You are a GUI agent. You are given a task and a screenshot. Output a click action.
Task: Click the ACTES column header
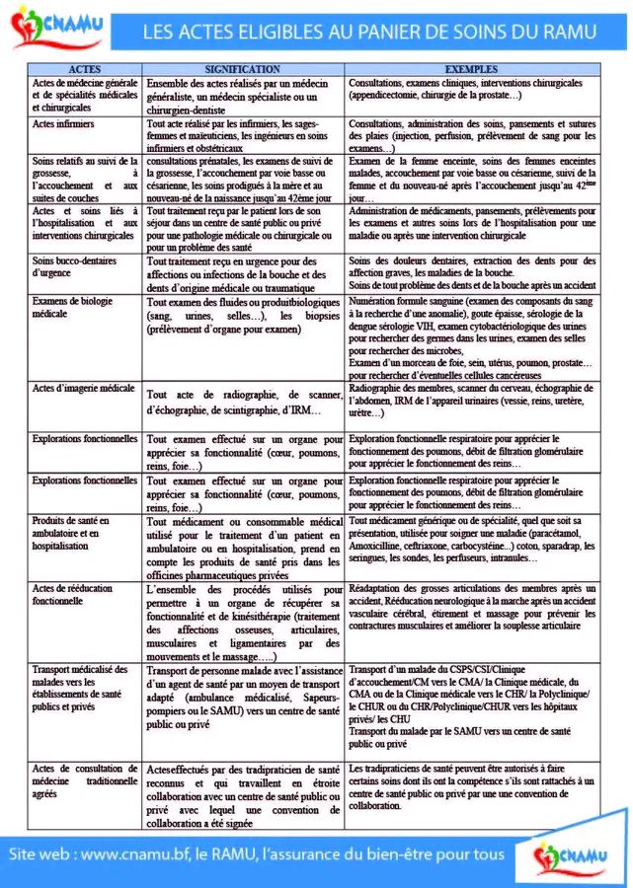coord(86,69)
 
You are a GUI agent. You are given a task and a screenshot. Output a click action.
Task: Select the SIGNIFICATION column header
coord(243,69)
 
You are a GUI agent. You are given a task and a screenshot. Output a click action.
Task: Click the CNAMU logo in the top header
coord(56,27)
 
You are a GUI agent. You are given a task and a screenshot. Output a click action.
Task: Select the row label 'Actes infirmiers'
coord(63,124)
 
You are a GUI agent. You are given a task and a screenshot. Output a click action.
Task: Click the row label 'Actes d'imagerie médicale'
coord(83,389)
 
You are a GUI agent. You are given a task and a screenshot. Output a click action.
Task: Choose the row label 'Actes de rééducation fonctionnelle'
coord(71,593)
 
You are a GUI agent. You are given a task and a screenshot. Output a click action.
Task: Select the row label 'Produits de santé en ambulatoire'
coord(71,533)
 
